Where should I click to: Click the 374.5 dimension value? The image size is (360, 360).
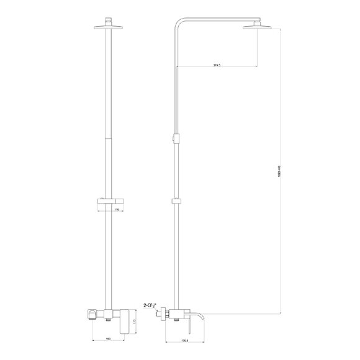click(217, 65)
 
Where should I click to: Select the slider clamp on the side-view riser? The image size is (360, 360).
click(177, 200)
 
